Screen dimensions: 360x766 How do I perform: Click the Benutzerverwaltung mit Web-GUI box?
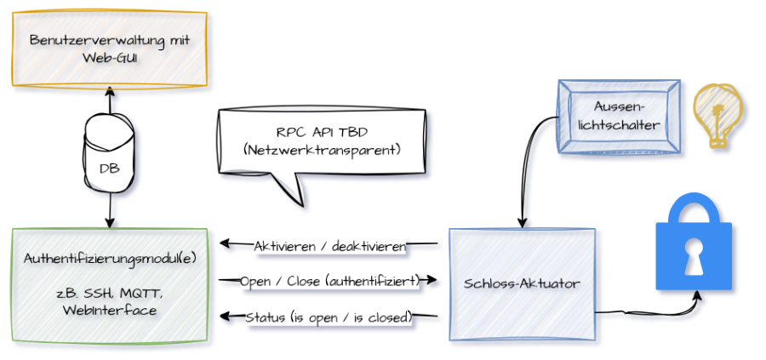pyautogui.click(x=109, y=48)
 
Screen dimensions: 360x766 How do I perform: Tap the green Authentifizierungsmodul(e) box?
pyautogui.click(x=109, y=285)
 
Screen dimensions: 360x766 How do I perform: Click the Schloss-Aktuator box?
pyautogui.click(x=521, y=284)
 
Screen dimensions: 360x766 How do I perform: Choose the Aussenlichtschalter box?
pyautogui.click(x=619, y=116)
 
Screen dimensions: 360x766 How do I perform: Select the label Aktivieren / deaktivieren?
pyautogui.click(x=329, y=246)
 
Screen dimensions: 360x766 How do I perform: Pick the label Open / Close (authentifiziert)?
pyautogui.click(x=328, y=280)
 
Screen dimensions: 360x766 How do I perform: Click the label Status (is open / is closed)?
pyautogui.click(x=329, y=317)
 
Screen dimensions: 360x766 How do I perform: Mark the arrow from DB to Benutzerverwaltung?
pyautogui.click(x=109, y=100)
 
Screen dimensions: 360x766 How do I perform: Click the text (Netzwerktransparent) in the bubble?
pyautogui.click(x=323, y=150)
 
